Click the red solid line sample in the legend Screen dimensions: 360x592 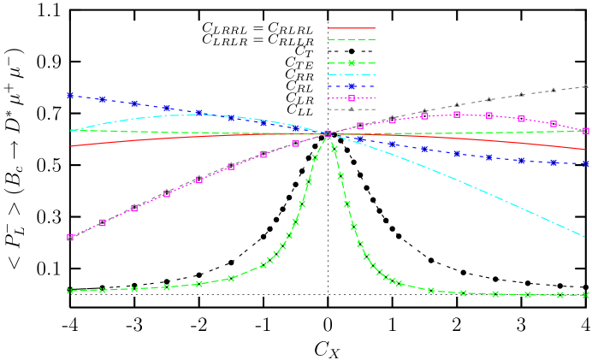point(352,28)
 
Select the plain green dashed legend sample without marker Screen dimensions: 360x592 point(352,39)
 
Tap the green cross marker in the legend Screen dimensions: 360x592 point(352,63)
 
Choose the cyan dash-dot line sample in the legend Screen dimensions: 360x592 point(352,74)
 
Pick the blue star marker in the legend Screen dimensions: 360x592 point(352,86)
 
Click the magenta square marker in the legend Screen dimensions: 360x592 point(352,98)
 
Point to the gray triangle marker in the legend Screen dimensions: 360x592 point(352,109)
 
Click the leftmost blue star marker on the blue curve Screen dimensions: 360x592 point(70,96)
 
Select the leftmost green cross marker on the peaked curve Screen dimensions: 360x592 point(70,291)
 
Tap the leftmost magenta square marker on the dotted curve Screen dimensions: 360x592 point(70,237)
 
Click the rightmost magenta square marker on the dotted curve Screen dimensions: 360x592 point(586,131)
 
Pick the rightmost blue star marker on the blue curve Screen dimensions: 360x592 point(586,162)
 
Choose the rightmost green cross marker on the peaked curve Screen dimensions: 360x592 point(586,295)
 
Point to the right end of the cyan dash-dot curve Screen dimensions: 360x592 point(586,236)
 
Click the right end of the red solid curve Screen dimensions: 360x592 point(586,150)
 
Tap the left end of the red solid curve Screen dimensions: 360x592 point(70,146)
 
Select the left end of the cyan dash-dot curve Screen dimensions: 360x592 point(70,131)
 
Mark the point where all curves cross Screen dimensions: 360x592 point(328,134)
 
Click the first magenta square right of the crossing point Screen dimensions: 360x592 point(360,126)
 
